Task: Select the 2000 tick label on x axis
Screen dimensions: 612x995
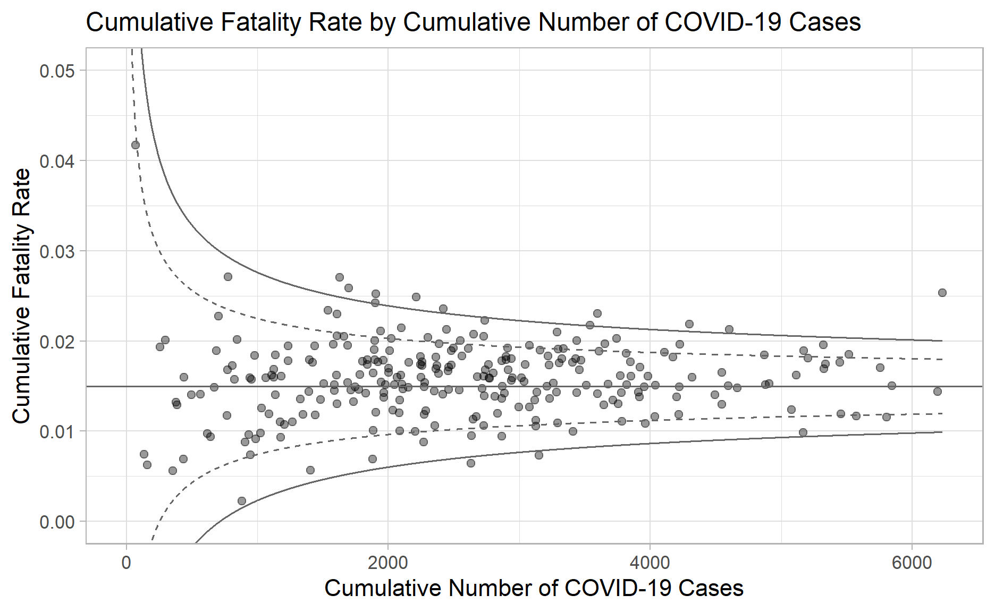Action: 388,563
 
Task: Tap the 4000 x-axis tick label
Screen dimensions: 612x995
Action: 650,563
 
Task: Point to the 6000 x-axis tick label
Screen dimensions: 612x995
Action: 912,563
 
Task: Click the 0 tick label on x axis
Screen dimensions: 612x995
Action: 127,563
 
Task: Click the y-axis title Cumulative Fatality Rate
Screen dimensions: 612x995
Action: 21,296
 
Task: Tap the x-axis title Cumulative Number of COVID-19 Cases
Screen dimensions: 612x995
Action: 534,588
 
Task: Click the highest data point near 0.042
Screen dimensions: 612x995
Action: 136,145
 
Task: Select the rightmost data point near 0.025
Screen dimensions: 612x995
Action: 942,293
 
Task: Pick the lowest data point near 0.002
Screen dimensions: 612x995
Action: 242,501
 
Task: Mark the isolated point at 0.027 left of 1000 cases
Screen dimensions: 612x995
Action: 228,277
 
